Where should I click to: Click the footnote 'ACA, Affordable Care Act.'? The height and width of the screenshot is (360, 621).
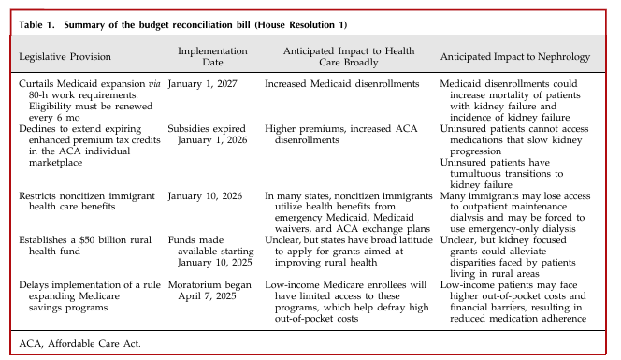(73, 343)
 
